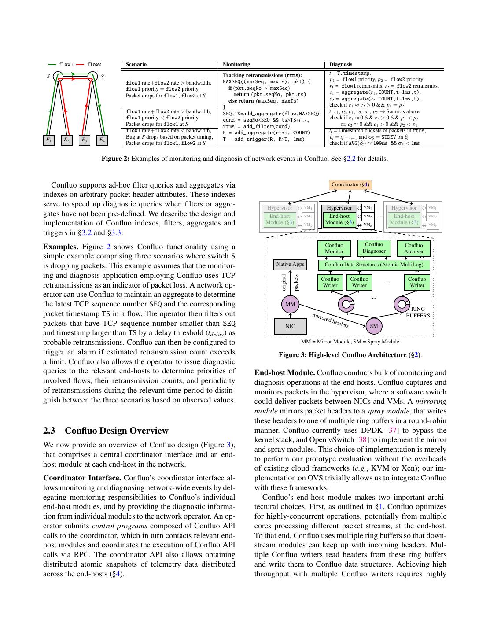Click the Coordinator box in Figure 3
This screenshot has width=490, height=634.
350,185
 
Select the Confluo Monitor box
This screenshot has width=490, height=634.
334,248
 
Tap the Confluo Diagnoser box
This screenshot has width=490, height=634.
374,248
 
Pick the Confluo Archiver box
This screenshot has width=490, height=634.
413,248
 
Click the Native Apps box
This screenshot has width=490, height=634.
290,265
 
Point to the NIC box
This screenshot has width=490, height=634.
290,326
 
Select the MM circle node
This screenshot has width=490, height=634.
290,304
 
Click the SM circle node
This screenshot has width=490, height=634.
374,326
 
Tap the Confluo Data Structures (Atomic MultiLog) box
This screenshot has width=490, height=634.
373,265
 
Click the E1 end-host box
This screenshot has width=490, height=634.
49,140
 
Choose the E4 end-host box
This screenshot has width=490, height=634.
102,140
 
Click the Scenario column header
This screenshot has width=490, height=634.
136,64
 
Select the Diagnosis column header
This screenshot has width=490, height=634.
341,64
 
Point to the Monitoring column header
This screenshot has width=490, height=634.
236,64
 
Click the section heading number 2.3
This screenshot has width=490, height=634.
49,431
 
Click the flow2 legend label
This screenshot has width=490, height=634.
94,64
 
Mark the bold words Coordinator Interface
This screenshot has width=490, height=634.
82,478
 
